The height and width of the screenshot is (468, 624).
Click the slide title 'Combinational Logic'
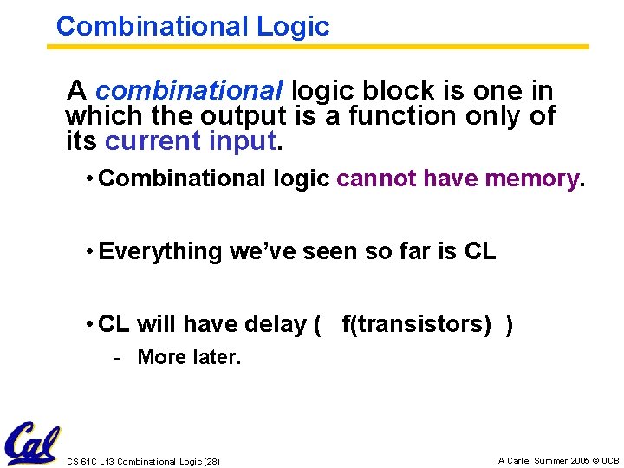point(192,26)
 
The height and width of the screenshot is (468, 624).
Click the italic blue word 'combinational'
point(189,90)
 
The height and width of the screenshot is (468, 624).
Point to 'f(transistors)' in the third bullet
point(417,324)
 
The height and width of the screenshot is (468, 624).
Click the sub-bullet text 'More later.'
point(189,357)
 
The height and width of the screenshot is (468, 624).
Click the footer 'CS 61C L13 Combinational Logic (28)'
point(143,461)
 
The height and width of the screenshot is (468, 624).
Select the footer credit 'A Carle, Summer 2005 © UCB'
point(558,461)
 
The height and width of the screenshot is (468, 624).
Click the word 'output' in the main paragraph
point(243,115)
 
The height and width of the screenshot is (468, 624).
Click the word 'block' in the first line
point(396,90)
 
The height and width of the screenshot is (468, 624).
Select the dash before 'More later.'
point(116,357)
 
